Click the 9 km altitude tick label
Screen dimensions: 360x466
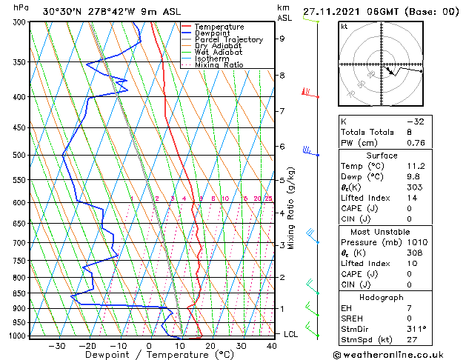click(x=282, y=39)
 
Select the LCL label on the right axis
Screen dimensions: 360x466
click(x=292, y=334)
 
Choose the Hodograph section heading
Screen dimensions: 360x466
click(x=382, y=297)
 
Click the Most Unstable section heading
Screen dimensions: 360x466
click(x=382, y=232)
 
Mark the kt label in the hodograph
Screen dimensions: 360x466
click(x=344, y=26)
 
